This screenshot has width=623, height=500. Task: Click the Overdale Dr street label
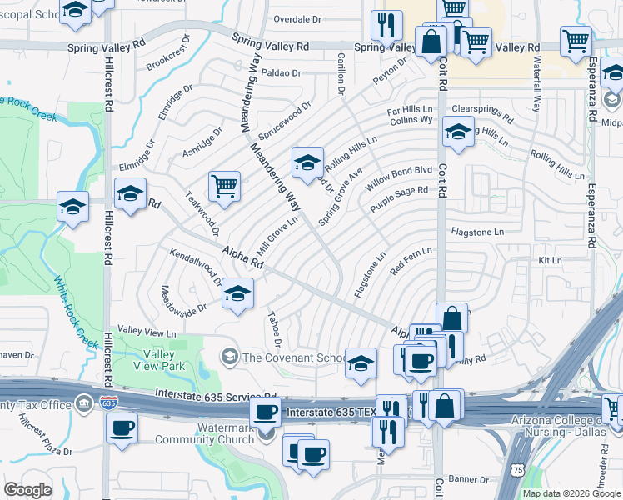(297, 18)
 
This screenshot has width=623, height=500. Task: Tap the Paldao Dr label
(281, 73)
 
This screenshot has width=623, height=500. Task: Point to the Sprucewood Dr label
(283, 120)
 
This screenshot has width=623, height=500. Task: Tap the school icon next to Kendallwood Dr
(238, 294)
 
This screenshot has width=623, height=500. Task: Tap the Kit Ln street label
(551, 261)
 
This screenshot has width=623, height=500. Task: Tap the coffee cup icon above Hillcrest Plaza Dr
(122, 428)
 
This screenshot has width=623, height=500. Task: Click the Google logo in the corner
(28, 489)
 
